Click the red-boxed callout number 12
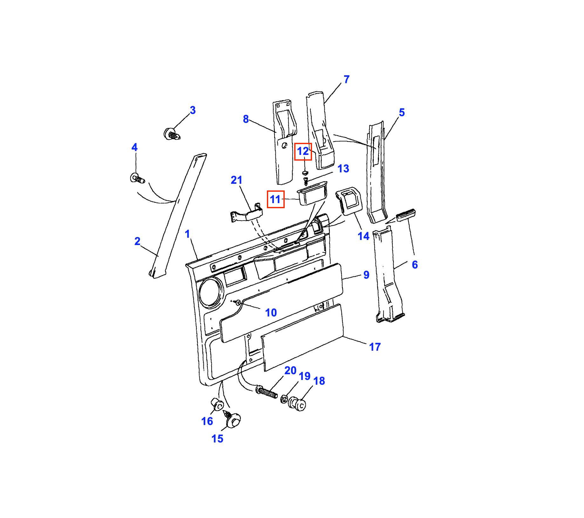pos(303,151)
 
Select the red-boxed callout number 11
pos(275,199)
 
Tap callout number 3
pos(193,110)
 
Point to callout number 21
pos(237,180)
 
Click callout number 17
pos(375,347)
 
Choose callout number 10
pos(271,313)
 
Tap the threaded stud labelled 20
pos(267,393)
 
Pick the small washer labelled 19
pos(284,399)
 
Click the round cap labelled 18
pos(297,404)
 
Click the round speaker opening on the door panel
pos(210,293)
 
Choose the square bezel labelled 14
pos(349,201)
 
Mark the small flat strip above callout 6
pos(405,215)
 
